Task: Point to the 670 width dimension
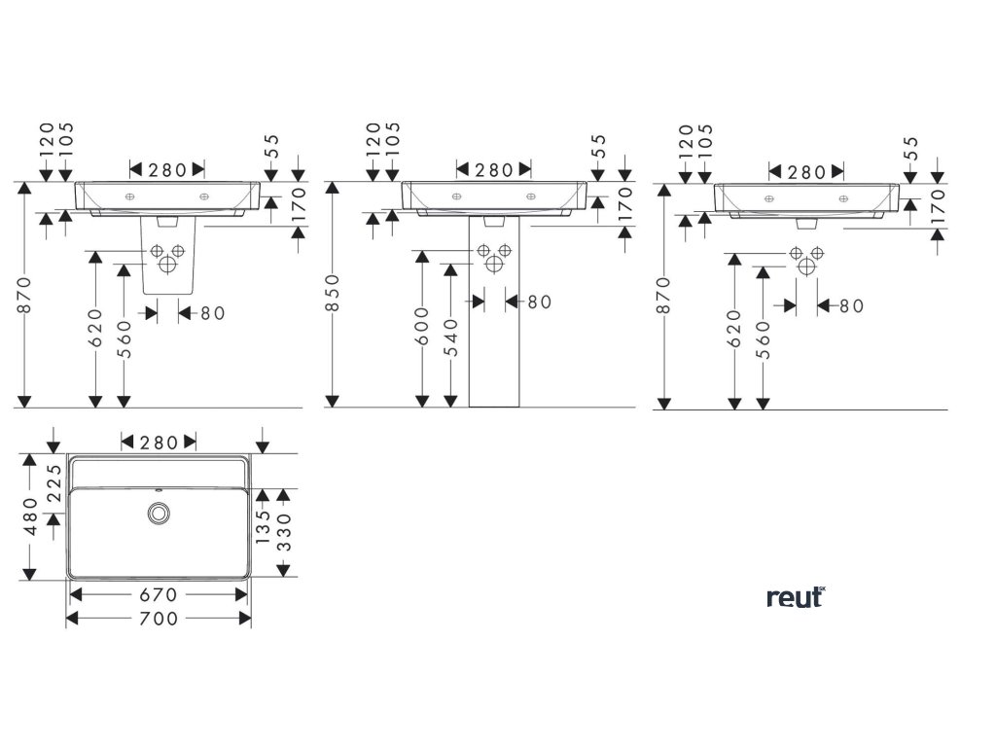pos(159,594)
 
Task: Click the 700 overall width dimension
pos(159,619)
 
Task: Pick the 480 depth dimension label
pos(31,516)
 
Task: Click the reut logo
pos(795,596)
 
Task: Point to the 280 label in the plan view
pos(159,443)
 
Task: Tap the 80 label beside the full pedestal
pos(539,302)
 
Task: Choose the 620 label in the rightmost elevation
pos(733,328)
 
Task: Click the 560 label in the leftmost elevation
pos(124,338)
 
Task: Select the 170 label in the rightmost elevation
pos(938,207)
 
